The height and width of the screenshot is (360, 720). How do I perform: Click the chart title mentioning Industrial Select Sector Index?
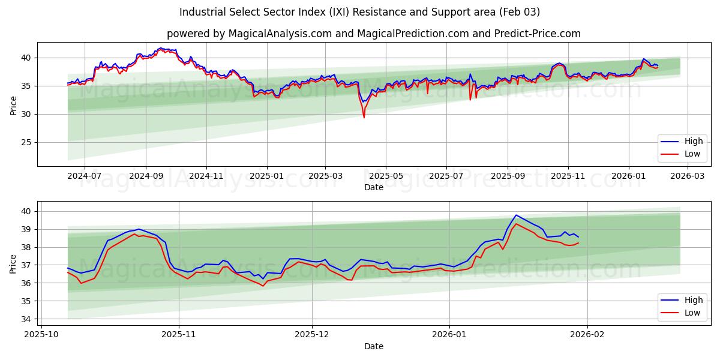[x=359, y=12]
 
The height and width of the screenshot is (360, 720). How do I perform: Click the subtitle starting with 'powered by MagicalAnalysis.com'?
[x=373, y=34]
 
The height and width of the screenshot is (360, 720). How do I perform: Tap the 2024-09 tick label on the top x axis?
[x=146, y=176]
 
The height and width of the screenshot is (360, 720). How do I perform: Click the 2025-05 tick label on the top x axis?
[x=385, y=176]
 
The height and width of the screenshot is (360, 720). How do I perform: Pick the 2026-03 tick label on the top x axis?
[x=688, y=176]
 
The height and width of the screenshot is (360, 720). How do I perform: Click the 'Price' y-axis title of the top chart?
[x=13, y=104]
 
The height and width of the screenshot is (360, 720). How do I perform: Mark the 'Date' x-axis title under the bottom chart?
[x=374, y=346]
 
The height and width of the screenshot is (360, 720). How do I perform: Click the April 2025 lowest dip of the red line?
[x=364, y=117]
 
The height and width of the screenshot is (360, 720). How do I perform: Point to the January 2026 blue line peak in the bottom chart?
[x=515, y=215]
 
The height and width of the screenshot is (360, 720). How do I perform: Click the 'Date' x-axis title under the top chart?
[x=374, y=187]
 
